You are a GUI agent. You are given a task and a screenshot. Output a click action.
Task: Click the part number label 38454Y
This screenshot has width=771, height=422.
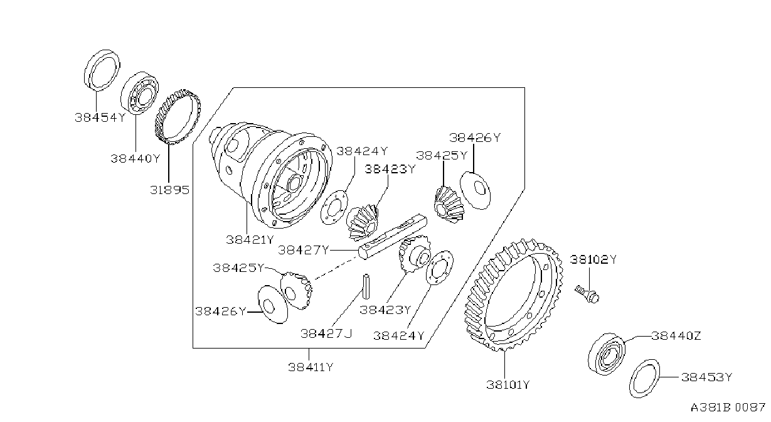pos(100,117)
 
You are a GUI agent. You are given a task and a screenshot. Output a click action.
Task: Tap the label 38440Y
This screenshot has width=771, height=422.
pos(136,158)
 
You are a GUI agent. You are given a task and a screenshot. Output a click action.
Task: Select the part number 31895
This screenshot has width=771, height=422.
pos(169,190)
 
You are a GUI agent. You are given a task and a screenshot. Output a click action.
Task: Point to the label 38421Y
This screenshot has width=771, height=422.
pos(250,239)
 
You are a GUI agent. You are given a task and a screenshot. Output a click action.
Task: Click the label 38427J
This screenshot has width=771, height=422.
pos(326,333)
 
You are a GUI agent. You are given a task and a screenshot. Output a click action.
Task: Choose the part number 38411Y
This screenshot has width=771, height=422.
pos(311,367)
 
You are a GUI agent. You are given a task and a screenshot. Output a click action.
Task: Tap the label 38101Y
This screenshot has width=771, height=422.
pos(508,384)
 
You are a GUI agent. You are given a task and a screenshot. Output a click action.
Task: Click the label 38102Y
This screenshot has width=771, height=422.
pos(593,259)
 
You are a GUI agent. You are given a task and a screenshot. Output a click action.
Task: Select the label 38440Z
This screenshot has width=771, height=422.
pos(676,335)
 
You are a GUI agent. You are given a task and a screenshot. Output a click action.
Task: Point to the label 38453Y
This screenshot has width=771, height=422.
pos(706,377)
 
